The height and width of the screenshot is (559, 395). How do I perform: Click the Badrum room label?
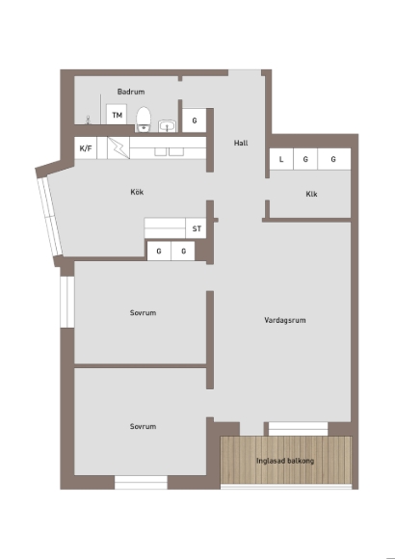pos(131,92)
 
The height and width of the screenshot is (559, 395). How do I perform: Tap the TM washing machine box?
pos(117,115)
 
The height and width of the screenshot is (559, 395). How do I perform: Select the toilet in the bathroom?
pos(144,120)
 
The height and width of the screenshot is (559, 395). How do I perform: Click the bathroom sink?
pos(167,126)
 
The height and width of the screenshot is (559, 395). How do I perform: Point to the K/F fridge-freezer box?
pos(86,148)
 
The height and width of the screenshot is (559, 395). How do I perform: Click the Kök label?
pos(137,192)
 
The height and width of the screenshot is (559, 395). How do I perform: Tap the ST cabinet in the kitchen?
pos(197,228)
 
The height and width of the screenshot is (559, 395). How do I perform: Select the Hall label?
pos(241,143)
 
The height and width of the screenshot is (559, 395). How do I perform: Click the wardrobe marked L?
pos(281,159)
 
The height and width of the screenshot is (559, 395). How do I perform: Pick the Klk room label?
pos(311,194)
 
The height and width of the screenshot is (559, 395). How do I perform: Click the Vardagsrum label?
pos(285,320)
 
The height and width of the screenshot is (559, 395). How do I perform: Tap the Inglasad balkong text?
pos(285,461)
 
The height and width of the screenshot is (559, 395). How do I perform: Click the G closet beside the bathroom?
pos(195,120)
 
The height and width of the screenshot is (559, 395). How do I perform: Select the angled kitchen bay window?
pos(50,217)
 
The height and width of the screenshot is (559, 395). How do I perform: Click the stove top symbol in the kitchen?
pos(118,148)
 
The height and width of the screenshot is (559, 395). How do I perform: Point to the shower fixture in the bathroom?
pos(88,120)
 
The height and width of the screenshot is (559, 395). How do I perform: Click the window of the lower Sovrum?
pos(141,482)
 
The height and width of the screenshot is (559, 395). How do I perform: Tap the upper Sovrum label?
pos(143,312)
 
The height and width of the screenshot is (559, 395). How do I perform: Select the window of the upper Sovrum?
pos(67,302)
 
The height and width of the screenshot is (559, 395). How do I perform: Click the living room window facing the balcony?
pos(298,429)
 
